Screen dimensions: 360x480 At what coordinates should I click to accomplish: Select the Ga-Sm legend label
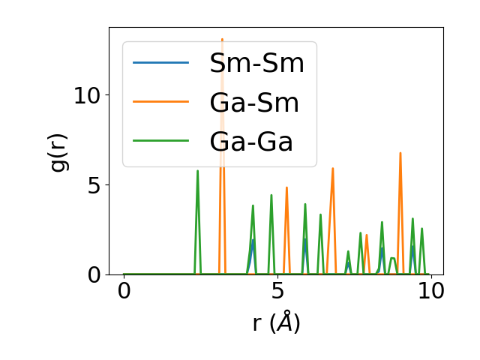[254, 103]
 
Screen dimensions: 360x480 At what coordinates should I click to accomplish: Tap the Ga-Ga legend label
[252, 141]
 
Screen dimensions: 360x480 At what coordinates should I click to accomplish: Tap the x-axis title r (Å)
[276, 322]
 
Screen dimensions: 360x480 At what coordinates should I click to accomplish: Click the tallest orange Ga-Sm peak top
[222, 39]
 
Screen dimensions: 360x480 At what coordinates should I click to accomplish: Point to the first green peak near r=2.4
[198, 171]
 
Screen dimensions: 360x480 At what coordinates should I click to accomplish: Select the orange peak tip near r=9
[400, 153]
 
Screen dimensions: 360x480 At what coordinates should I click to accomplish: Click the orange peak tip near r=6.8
[332, 169]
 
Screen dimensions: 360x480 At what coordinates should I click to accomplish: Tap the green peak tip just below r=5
[271, 195]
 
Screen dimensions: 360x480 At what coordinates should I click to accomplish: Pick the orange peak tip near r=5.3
[286, 187]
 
